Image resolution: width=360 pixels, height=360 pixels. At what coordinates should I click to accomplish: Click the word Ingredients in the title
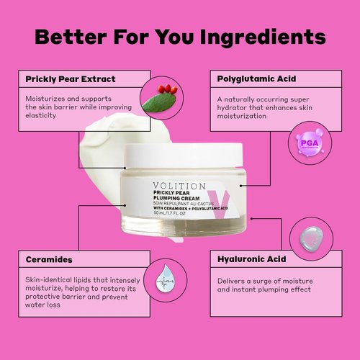pos(253,37)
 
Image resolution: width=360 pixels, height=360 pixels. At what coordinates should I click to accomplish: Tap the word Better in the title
pos(74,37)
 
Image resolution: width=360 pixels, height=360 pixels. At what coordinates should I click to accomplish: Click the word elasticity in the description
pos(40,115)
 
